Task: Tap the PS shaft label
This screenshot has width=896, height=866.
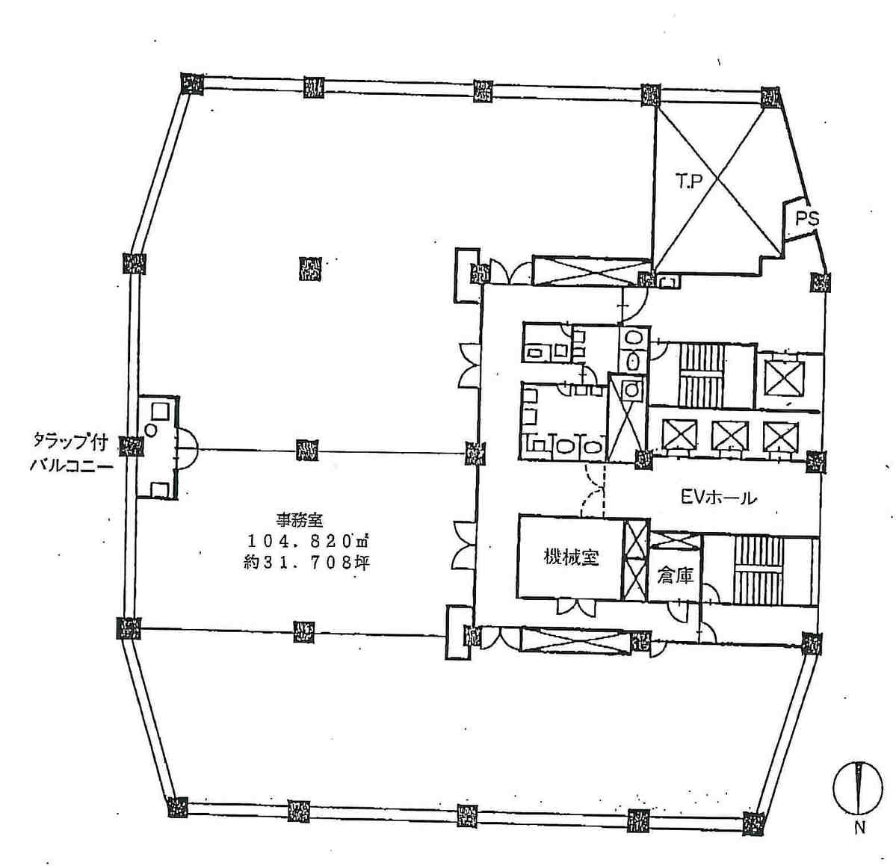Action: click(807, 219)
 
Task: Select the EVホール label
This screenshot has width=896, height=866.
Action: click(719, 498)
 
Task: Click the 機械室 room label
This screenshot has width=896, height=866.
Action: click(571, 557)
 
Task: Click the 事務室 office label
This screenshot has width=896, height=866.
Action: click(300, 520)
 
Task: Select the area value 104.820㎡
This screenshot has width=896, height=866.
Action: click(306, 540)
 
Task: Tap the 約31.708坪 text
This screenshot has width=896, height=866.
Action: click(306, 563)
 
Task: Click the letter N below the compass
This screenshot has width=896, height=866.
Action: click(859, 828)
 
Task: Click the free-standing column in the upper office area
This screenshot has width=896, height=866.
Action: click(310, 268)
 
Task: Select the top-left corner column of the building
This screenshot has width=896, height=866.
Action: click(192, 84)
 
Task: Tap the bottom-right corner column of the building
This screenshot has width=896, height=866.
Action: click(754, 822)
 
